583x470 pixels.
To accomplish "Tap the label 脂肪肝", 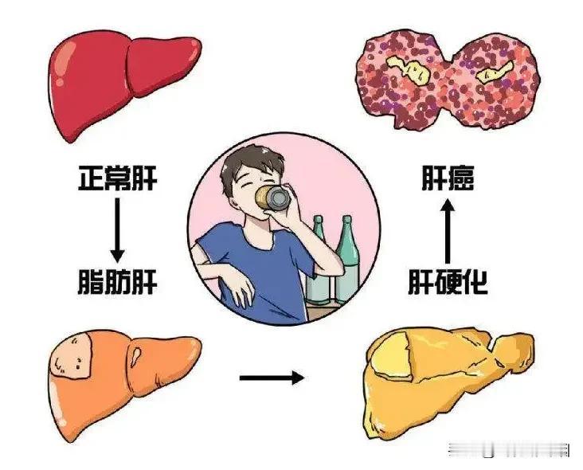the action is click(119, 280).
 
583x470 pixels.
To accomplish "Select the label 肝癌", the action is click(448, 178).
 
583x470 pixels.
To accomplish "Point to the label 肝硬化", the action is click(448, 280).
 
